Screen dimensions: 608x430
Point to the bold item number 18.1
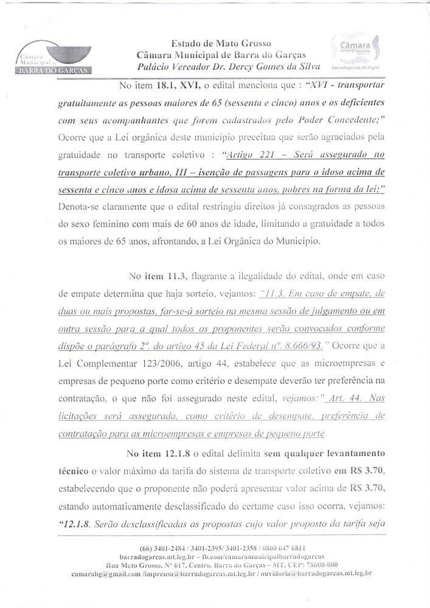tap(177, 86)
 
